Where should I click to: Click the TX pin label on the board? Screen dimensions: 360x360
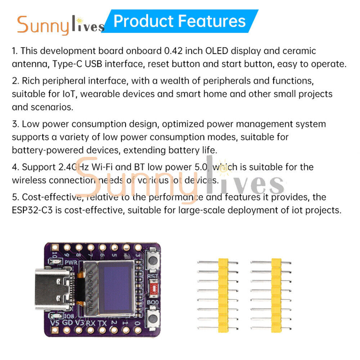[x=103, y=323]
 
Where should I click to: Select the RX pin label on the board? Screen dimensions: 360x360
[x=90, y=323]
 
